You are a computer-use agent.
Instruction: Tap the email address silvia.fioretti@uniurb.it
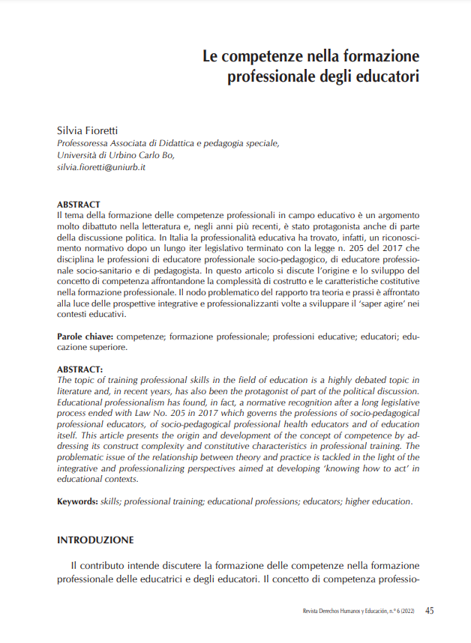[101, 167]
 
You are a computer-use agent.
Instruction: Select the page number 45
[429, 610]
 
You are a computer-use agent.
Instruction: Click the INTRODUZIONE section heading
[95, 539]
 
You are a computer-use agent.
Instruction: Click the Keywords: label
[78, 501]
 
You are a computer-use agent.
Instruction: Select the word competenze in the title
[275, 56]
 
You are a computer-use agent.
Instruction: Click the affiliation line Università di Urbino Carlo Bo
[115, 155]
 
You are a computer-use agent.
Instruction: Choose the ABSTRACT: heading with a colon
[80, 369]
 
